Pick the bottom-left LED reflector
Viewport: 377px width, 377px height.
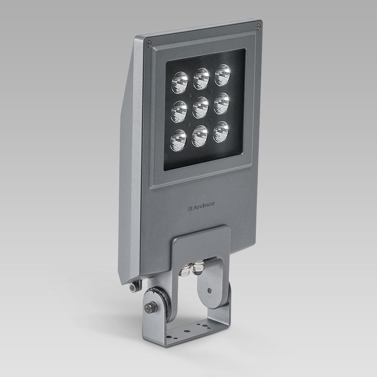tap(178, 140)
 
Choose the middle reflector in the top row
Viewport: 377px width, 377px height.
tap(201, 78)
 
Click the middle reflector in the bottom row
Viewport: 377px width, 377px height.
tap(199, 136)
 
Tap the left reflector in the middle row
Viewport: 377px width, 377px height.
tap(179, 111)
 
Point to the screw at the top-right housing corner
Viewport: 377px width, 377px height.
tap(258, 26)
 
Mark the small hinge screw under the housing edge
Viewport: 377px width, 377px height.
tap(133, 287)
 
